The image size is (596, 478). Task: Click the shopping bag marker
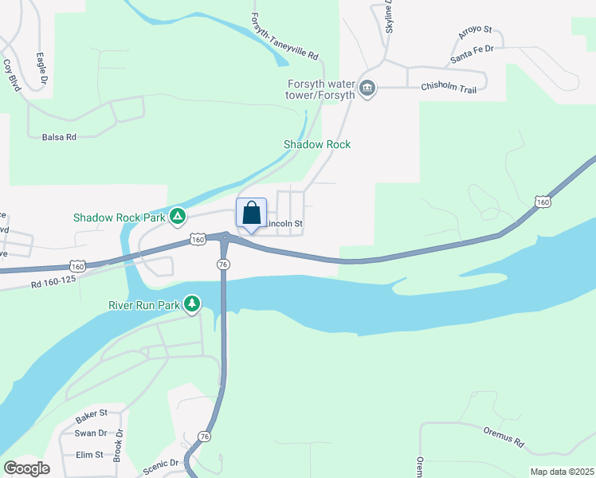pyautogui.click(x=252, y=214)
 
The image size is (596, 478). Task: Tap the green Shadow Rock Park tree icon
pyautogui.click(x=178, y=216)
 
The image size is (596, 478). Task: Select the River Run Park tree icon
pyautogui.click(x=192, y=304)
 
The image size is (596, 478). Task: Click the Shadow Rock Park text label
pyautogui.click(x=119, y=217)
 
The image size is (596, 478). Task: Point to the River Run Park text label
pyautogui.click(x=143, y=304)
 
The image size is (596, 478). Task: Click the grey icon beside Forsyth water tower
pyautogui.click(x=367, y=87)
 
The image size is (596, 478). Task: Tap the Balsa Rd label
pyautogui.click(x=59, y=137)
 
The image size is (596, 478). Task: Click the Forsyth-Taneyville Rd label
pyautogui.click(x=284, y=37)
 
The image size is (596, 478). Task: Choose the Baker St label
pyautogui.click(x=90, y=417)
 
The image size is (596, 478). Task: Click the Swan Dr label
pyautogui.click(x=90, y=433)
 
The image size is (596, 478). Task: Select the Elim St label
pyautogui.click(x=88, y=455)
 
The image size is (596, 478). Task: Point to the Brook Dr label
pyautogui.click(x=119, y=446)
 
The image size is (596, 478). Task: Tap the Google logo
pyautogui.click(x=26, y=468)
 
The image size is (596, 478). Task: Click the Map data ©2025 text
pyautogui.click(x=561, y=472)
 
